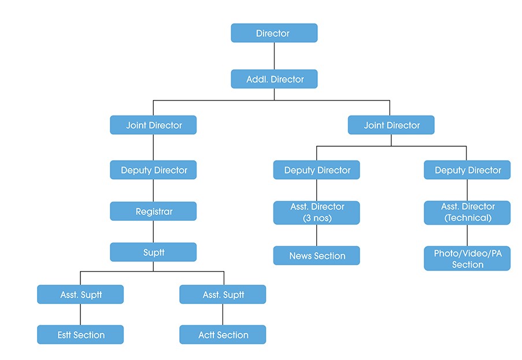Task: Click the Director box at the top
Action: (x=274, y=33)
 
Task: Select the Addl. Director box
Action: (x=274, y=79)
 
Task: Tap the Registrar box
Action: (x=153, y=211)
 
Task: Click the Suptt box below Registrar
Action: (x=153, y=253)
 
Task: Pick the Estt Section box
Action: (x=80, y=335)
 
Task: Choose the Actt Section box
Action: (x=223, y=335)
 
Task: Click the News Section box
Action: (x=317, y=255)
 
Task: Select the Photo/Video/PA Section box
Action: (x=467, y=259)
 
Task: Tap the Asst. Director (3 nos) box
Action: (x=317, y=212)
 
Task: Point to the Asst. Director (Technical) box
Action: (x=467, y=212)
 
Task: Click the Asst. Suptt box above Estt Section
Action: (x=80, y=294)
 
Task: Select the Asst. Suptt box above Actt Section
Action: (x=223, y=294)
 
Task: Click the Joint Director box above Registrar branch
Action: (x=153, y=125)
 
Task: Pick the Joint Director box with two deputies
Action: (x=391, y=125)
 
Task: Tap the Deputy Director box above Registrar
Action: (x=153, y=170)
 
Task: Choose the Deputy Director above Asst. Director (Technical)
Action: (x=467, y=170)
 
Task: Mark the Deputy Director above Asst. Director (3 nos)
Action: (x=317, y=170)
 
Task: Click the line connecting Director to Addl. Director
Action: (x=274, y=56)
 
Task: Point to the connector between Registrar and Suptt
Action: (x=153, y=232)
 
